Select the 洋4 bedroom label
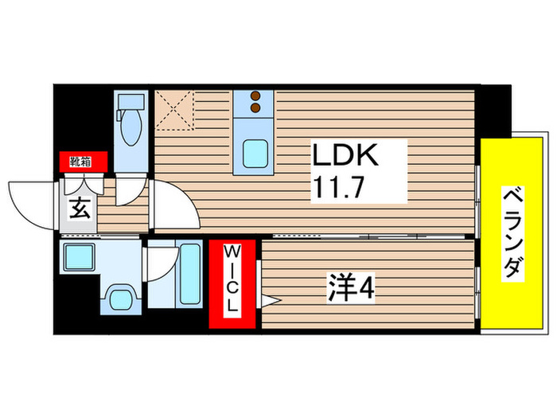click(351, 287)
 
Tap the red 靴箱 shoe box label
click(79, 162)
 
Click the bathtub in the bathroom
click(190, 276)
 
